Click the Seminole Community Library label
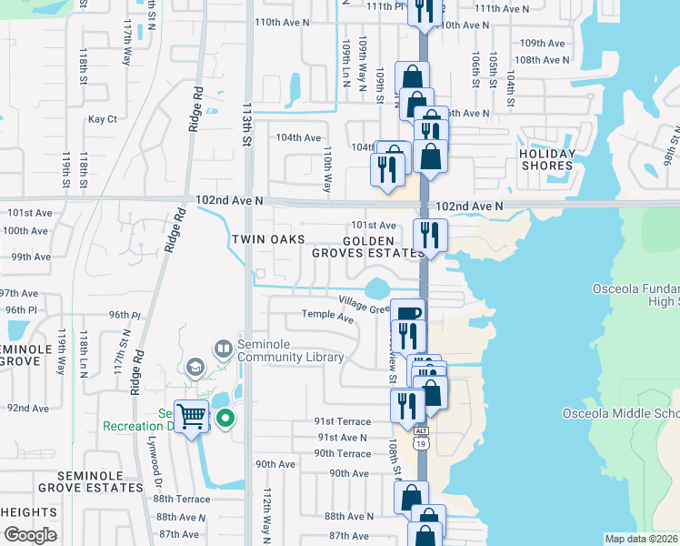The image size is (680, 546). coord(291,350)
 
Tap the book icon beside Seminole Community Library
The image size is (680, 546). coord(223,348)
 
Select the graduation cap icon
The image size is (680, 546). coord(193,366)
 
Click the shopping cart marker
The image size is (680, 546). coord(192,418)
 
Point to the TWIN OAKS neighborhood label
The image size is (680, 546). coord(267,239)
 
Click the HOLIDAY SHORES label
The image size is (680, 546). coord(546,159)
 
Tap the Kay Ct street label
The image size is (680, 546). coord(102,119)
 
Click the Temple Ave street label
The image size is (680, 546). coord(327,318)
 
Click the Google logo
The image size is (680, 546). coord(29,535)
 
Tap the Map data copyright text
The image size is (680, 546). coord(641,539)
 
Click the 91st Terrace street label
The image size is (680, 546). coord(343,421)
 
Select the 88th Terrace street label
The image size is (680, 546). coord(182,499)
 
